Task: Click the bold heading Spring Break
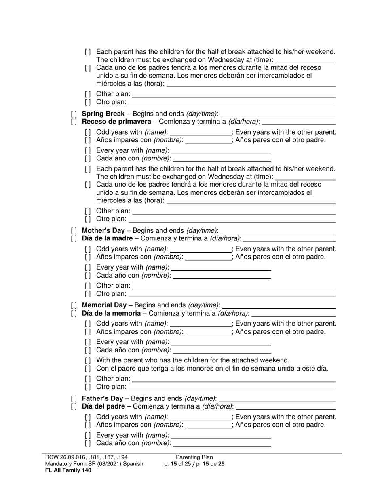click(103, 114)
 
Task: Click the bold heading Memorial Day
click(104, 305)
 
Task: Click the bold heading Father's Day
click(103, 398)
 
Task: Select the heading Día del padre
click(103, 406)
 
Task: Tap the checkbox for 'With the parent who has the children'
click(88, 360)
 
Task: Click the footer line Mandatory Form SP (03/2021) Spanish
click(94, 464)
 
